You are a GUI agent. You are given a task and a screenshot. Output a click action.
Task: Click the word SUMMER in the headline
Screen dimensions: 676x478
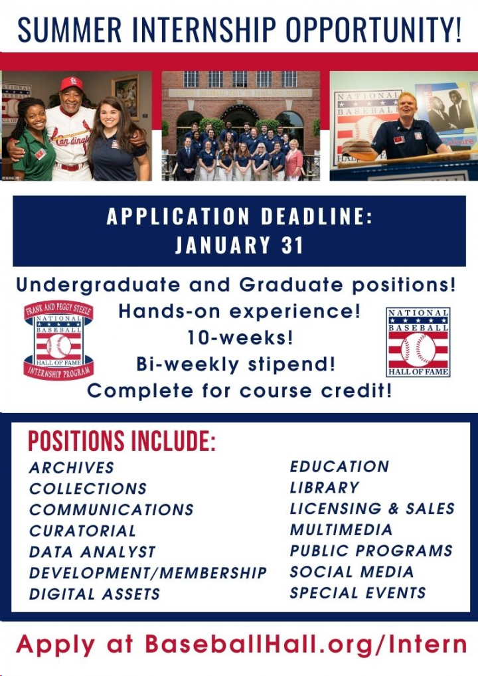69,29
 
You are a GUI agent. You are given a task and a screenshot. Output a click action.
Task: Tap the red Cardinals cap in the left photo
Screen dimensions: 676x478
72,84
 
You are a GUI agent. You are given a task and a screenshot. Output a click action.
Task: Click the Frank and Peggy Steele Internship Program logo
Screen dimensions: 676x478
58,340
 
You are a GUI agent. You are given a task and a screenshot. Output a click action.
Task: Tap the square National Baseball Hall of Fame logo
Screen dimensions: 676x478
418,342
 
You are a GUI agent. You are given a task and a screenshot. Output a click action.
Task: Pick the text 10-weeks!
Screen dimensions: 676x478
240,337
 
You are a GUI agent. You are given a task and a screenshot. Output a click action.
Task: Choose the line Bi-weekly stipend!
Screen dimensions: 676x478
236,364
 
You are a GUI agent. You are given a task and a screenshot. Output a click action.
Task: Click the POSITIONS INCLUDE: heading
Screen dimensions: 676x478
121,442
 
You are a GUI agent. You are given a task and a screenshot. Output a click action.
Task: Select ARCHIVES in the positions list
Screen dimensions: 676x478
72,467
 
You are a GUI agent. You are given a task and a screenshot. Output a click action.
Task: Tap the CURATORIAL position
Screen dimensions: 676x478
82,531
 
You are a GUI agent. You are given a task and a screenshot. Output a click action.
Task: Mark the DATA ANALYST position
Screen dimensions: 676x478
92,552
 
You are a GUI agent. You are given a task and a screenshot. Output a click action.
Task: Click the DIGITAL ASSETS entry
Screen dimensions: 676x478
94,594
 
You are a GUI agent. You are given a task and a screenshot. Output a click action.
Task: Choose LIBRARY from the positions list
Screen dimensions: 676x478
324,487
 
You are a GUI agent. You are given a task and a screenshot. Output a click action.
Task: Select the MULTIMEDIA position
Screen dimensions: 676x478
341,530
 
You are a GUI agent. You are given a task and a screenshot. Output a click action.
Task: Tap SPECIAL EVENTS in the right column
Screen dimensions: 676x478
358,592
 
